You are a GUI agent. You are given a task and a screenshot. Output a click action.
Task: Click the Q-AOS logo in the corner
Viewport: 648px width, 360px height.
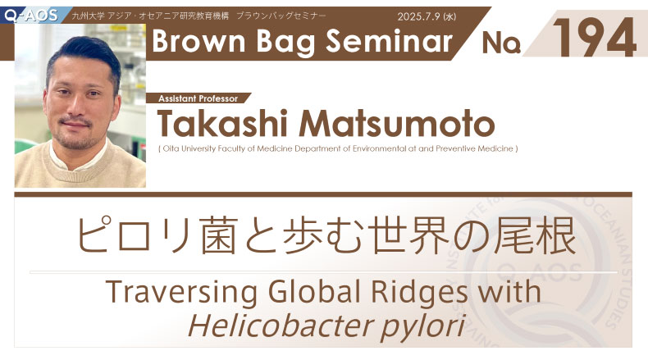tap(30, 16)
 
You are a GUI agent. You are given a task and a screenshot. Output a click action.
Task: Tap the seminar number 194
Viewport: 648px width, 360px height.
tap(595, 38)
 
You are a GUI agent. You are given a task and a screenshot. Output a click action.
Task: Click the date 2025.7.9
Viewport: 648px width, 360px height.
tap(418, 16)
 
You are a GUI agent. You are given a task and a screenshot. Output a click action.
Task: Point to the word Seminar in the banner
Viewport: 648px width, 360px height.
tap(389, 41)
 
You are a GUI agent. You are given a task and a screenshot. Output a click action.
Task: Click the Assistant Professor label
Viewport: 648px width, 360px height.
tap(198, 98)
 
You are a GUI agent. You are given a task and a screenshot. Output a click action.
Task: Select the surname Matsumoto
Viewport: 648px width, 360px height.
tap(397, 123)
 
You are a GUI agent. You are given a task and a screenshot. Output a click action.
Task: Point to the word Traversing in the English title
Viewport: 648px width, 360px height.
tap(181, 291)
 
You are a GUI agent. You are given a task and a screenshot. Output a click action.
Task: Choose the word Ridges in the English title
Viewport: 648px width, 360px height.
tap(419, 291)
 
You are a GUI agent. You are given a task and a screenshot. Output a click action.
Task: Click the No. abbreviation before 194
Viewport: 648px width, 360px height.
tap(501, 43)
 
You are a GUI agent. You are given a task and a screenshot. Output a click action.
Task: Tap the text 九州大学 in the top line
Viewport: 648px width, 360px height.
tap(88, 16)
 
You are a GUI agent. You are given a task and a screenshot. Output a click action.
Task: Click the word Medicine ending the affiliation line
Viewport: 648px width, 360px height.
tap(495, 148)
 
